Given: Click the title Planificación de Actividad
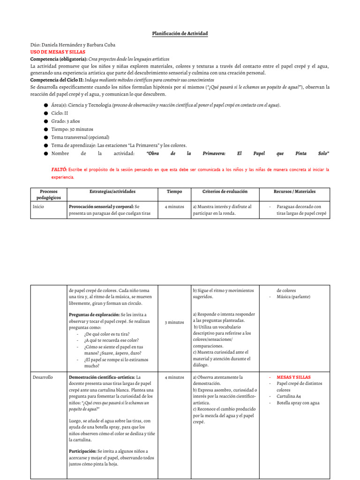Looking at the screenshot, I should pos(180,34).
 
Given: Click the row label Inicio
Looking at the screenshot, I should pos(38,206).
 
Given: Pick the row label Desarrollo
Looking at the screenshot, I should pos(43,377).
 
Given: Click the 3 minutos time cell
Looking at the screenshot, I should pos(174,322).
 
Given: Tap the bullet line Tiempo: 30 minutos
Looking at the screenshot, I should pos(72,129).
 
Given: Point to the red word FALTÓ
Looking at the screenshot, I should pos(59,169).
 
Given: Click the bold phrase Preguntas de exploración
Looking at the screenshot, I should pos(94,315).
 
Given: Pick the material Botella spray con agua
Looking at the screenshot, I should pos(298,403).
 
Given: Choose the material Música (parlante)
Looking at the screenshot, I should pos(293,297).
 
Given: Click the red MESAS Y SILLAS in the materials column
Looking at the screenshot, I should pos(293,377).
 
